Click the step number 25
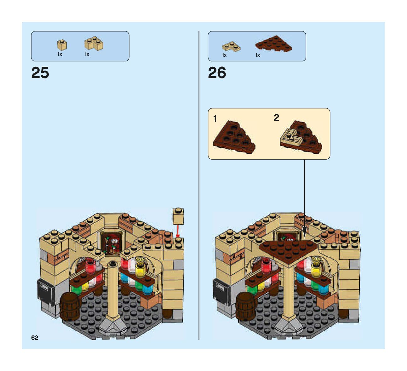(40, 73)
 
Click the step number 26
(217, 73)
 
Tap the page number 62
(35, 338)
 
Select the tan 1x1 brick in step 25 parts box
(62, 45)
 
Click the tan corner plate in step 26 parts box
(231, 47)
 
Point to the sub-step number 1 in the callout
(215, 119)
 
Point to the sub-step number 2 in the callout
(276, 118)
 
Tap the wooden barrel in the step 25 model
(70, 306)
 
